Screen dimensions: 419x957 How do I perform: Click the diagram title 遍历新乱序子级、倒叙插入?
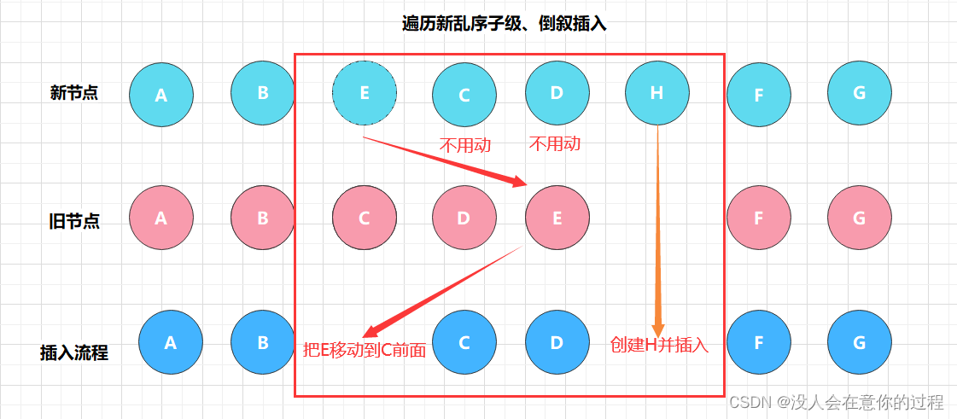coord(504,24)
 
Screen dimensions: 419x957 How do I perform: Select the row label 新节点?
coord(74,93)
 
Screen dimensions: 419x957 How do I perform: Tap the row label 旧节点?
coord(74,222)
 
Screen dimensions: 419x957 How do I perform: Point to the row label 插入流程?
coord(74,352)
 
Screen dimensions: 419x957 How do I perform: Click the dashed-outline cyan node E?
coord(365,93)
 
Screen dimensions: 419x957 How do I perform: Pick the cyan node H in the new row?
coord(656,93)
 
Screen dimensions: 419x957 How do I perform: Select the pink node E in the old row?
coord(557,218)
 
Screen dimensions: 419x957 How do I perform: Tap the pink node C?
coord(364,218)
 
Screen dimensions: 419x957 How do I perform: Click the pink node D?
coord(464,218)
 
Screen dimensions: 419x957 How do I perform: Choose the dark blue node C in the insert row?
coord(464,343)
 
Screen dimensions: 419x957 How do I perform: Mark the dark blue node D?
coord(557,343)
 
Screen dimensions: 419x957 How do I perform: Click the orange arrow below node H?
coord(658,230)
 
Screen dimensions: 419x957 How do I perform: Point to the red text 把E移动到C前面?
coord(365,349)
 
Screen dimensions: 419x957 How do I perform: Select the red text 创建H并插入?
coord(659,346)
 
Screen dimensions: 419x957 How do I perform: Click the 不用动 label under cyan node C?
coord(465,145)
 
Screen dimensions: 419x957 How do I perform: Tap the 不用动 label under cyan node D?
coord(555,143)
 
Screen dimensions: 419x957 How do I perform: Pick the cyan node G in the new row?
coord(859,93)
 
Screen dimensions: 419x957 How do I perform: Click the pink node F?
coord(758,218)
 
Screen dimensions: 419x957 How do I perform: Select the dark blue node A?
coord(170,343)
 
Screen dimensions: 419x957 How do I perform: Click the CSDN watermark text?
coord(836,402)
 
